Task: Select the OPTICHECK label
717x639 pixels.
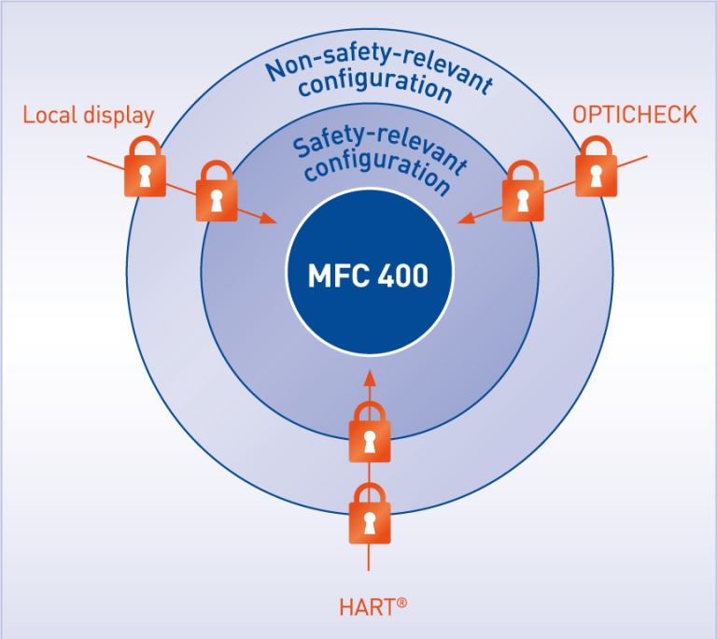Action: pos(635,115)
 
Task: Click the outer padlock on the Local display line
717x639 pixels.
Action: pos(145,168)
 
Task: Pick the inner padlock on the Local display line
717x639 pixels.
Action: pos(217,192)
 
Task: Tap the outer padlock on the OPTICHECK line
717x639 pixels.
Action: pos(595,167)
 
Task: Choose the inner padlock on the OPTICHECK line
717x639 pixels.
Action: pos(522,192)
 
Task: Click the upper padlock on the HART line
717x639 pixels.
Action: pos(369,433)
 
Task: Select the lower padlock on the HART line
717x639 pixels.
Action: pos(369,515)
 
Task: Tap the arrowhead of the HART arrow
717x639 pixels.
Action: pos(370,376)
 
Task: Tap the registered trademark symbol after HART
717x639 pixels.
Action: pos(401,603)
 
